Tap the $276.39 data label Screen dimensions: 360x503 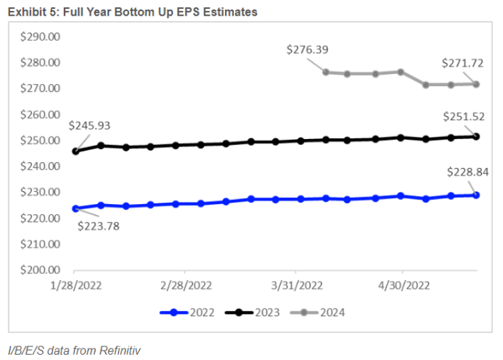308,49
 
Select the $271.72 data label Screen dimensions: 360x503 464,62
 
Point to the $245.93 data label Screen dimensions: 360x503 89,125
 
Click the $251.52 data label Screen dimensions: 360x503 464,116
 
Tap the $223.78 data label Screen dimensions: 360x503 99,226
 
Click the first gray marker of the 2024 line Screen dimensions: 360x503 325,72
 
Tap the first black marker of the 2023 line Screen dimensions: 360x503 75,151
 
